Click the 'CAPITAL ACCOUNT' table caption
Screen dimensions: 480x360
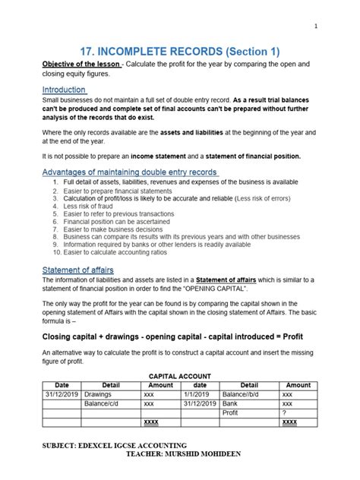180,376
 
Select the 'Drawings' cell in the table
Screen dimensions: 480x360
97,395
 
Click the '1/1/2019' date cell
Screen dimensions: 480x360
195,395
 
